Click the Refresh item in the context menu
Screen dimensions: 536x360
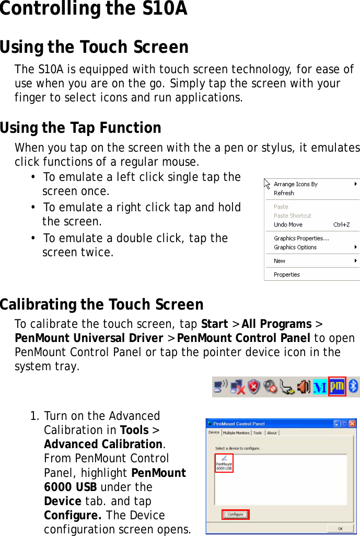tap(284, 193)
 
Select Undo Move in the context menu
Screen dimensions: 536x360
tap(288, 225)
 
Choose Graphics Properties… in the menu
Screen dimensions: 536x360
tap(301, 238)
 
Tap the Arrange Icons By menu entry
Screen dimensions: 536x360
tap(295, 184)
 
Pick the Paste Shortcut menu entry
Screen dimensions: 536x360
tap(292, 215)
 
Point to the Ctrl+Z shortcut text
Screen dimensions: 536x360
tap(341, 225)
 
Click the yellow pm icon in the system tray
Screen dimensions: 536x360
tap(337, 386)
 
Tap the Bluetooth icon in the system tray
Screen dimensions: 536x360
tap(353, 386)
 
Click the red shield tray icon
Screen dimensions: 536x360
tap(254, 387)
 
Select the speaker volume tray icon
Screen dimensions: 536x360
tap(304, 387)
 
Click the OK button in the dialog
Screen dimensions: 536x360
tap(340, 528)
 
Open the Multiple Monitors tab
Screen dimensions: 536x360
tap(236, 433)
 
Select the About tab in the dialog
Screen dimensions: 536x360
tap(272, 433)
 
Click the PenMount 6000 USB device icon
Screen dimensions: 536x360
tap(224, 462)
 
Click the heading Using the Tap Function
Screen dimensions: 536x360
tap(80, 128)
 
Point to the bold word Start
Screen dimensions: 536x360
tap(214, 324)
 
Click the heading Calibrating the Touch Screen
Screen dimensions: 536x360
tap(101, 304)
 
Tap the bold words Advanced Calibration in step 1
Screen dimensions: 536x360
tap(103, 444)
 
